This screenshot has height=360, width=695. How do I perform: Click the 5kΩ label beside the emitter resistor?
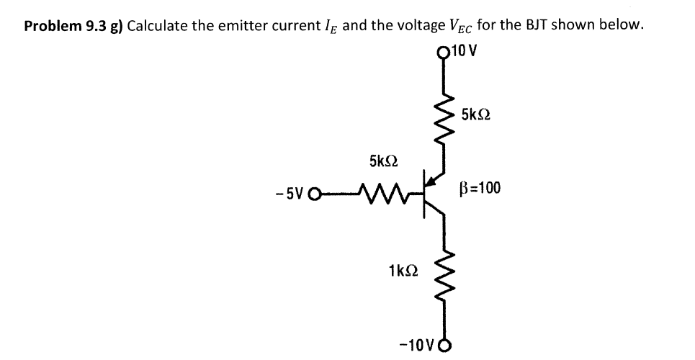pos(476,114)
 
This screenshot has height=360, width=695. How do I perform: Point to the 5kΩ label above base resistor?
pos(383,160)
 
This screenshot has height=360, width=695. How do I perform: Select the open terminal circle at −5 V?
pos(313,193)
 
